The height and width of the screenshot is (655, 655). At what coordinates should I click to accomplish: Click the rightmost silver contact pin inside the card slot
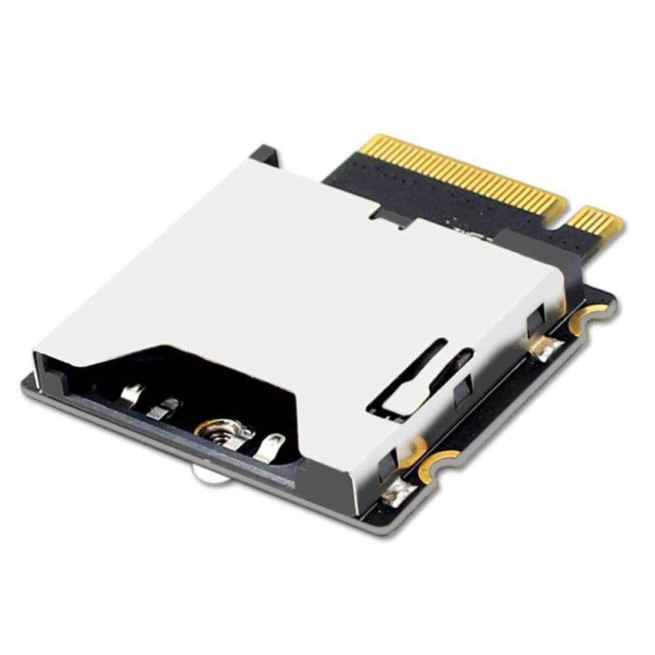[269, 447]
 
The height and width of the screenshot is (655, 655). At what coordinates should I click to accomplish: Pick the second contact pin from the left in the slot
[161, 409]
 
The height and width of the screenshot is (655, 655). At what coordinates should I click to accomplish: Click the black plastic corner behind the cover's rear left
[266, 156]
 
